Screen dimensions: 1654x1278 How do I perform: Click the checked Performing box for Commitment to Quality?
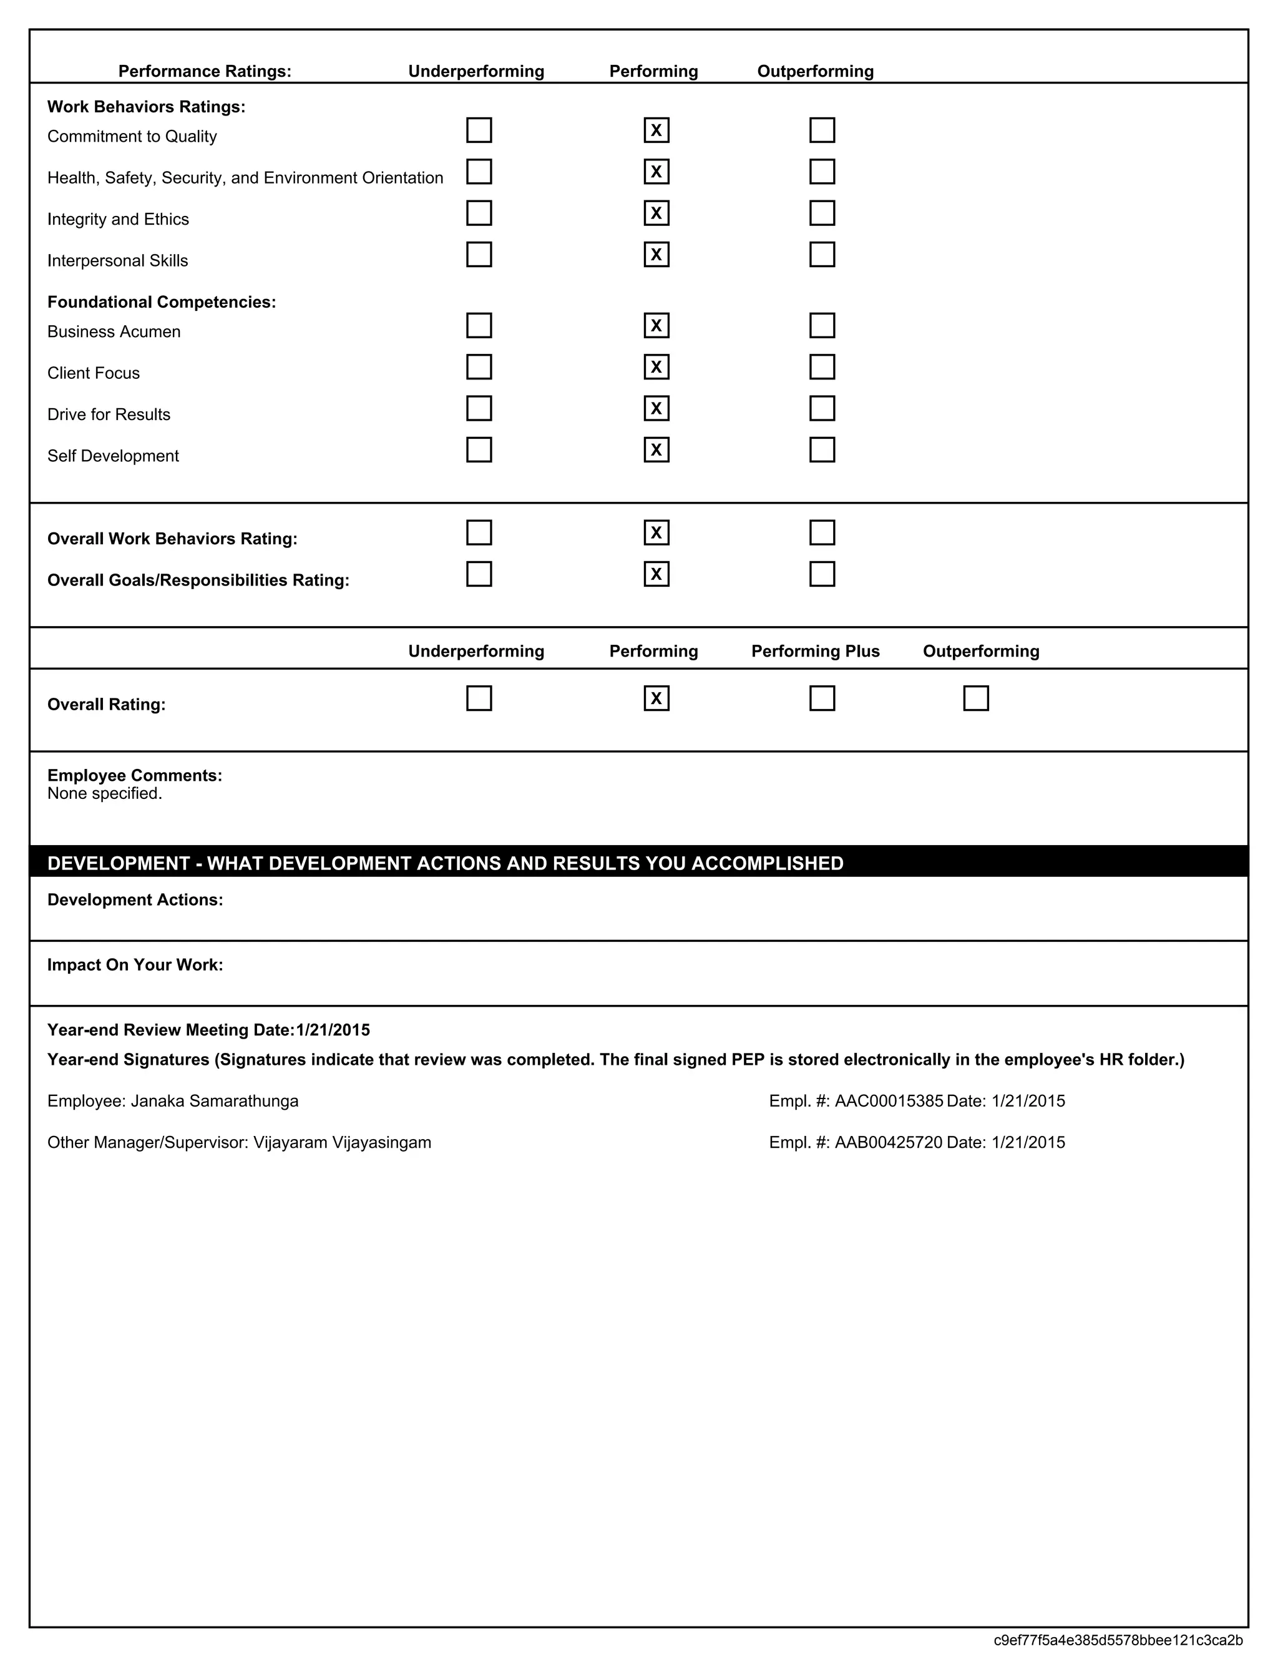pyautogui.click(x=656, y=130)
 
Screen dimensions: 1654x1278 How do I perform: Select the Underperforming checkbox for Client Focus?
pyautogui.click(x=479, y=366)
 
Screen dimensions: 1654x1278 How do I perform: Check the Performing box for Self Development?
pyautogui.click(x=656, y=450)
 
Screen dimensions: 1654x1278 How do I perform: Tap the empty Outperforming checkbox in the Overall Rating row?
pyautogui.click(x=975, y=698)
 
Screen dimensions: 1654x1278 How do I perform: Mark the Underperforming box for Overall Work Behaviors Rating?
pyautogui.click(x=479, y=532)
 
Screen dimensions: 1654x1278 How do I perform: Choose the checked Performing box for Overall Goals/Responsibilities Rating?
pyautogui.click(x=656, y=574)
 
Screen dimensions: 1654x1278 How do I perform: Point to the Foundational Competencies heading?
pyautogui.click(x=161, y=302)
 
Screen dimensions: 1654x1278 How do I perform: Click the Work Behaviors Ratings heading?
pyautogui.click(x=146, y=107)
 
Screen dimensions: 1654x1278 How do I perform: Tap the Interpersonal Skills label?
pyautogui.click(x=117, y=260)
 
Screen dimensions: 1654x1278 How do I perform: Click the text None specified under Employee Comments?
pyautogui.click(x=104, y=794)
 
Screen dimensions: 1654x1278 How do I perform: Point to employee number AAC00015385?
pyautogui.click(x=888, y=1101)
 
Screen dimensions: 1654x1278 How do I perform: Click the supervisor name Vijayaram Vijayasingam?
pyautogui.click(x=341, y=1143)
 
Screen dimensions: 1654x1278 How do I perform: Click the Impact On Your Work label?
pyautogui.click(x=135, y=965)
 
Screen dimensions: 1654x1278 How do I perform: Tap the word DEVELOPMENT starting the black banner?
pyautogui.click(x=118, y=863)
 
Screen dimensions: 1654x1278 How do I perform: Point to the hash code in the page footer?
pyautogui.click(x=1118, y=1640)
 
